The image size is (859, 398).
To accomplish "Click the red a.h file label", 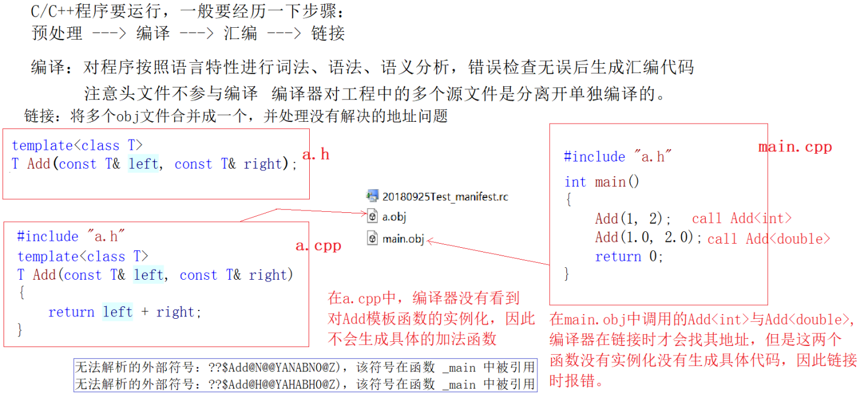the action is (316, 155).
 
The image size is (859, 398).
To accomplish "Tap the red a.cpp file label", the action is (318, 245).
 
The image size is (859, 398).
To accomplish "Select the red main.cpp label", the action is (795, 147).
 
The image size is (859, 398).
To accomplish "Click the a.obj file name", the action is (394, 216).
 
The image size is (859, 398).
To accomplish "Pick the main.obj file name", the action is (403, 239).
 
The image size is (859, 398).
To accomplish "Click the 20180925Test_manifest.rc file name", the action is (445, 196).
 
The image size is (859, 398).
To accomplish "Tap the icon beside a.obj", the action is (372, 216).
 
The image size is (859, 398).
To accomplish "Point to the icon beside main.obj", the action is (372, 239).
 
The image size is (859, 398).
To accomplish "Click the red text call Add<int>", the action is (741, 218).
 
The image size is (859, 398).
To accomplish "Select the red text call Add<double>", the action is (769, 239).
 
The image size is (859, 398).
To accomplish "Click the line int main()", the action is (602, 182).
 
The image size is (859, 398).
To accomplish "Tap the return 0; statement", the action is (629, 257).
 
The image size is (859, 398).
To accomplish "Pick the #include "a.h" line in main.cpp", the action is (618, 157).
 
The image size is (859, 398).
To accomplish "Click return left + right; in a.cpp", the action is (125, 312).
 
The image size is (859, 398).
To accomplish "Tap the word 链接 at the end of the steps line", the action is (328, 33).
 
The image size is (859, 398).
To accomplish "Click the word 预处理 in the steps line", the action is (57, 33).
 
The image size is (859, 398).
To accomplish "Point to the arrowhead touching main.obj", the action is (429, 240).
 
